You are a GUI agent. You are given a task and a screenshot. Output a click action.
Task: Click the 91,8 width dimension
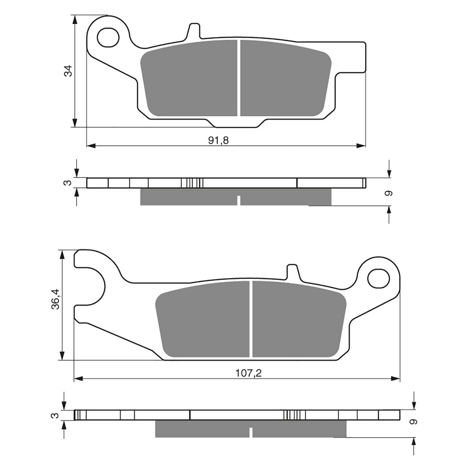pos(218,141)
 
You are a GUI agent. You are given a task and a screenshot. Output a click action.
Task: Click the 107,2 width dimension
pos(248,373)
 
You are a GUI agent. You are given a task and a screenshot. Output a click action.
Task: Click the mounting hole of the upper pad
pos(108,38)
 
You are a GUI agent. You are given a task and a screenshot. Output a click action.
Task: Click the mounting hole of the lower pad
pos(378,279)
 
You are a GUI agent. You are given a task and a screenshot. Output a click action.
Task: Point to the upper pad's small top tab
pos(194,31)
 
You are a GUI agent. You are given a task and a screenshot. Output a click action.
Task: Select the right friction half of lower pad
pos(298,320)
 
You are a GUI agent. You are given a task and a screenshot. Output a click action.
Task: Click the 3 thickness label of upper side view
pos(68,183)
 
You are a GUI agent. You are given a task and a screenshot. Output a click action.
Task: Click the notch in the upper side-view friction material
pos(239,200)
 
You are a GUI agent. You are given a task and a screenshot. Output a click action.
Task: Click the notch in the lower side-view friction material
pos(251,432)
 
